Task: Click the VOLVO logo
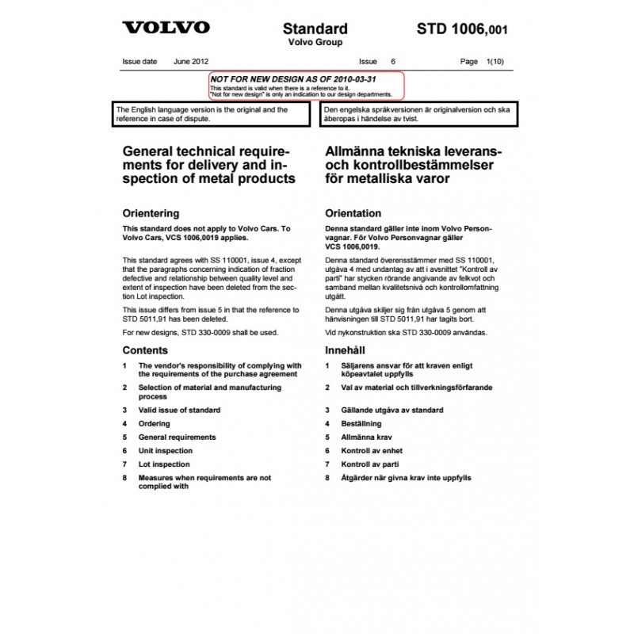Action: point(166,28)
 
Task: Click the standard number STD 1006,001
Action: point(462,30)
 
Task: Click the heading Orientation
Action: point(353,213)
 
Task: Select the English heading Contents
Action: point(145,349)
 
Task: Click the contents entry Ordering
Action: point(155,424)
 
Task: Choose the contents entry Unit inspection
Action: point(165,451)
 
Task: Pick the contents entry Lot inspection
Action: point(164,464)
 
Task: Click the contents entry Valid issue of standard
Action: point(179,411)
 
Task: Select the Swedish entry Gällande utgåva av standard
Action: point(392,411)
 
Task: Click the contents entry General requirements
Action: point(177,437)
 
